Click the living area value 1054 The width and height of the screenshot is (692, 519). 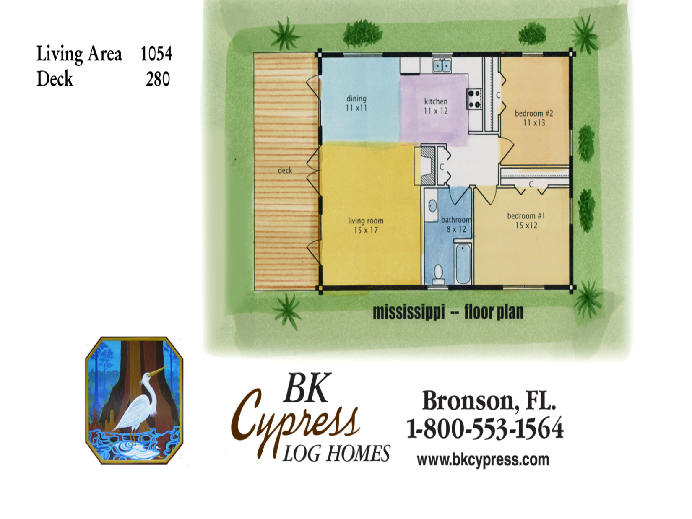pos(156,54)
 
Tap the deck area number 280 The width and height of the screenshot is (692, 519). pos(158,79)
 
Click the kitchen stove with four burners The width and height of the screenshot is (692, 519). pos(474,99)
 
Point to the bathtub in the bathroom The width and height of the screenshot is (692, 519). pos(463,263)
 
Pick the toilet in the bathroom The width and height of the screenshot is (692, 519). pos(438,274)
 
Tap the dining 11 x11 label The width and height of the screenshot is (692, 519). pos(356,103)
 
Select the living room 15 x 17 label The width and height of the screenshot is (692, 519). pos(365,225)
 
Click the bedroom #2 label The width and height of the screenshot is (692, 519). pos(534,113)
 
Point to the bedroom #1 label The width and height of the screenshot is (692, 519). pos(526,216)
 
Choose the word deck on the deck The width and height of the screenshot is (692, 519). pos(285,171)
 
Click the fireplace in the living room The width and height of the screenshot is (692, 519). pos(428,165)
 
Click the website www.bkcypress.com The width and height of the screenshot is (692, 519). pos(483,460)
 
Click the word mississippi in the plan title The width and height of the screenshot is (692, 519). pos(408,312)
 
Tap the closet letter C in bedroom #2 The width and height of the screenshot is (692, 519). pos(498,95)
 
